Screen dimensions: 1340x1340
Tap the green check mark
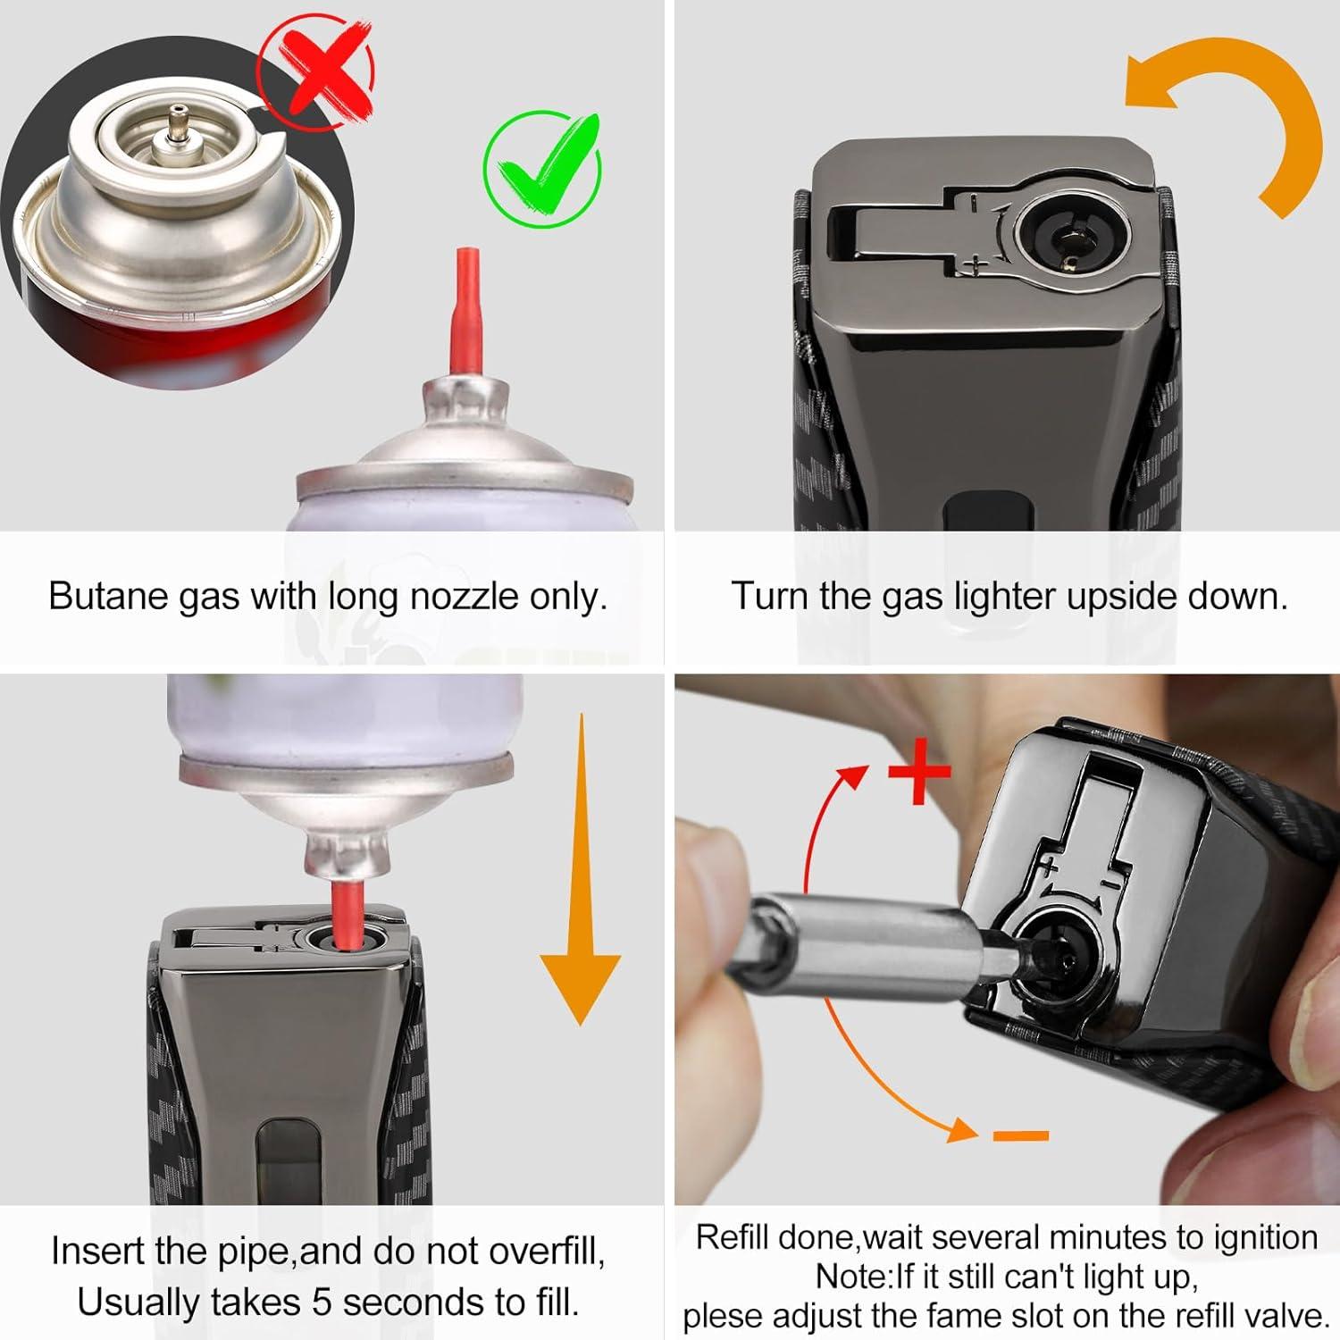coord(543,168)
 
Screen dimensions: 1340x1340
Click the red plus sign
coord(919,771)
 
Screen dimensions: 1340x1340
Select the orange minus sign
coord(1020,1135)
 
